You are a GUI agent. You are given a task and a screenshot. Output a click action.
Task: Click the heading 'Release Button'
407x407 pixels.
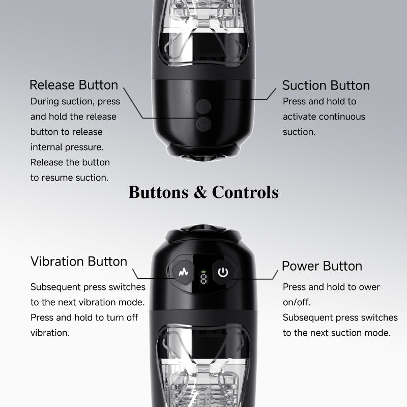coord(74,85)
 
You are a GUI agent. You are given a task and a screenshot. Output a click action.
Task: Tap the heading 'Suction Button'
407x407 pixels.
coord(326,85)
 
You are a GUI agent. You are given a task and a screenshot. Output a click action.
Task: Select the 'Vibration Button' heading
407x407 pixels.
coord(79,261)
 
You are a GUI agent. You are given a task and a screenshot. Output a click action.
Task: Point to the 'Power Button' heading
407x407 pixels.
coord(322,266)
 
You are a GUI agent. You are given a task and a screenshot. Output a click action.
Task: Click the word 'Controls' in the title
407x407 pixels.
coord(245,192)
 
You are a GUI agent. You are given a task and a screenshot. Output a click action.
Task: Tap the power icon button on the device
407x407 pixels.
coord(222,272)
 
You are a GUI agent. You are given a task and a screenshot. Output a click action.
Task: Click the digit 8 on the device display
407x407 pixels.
coord(203,278)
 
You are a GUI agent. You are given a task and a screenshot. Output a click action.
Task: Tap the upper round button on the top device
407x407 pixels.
coord(203,107)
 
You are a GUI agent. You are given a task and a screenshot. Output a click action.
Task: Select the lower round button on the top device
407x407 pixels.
coord(203,123)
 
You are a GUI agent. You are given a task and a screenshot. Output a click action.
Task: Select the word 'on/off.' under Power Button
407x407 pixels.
coord(297,302)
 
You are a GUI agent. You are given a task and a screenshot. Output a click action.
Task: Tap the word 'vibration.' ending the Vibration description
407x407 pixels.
coord(50,333)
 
